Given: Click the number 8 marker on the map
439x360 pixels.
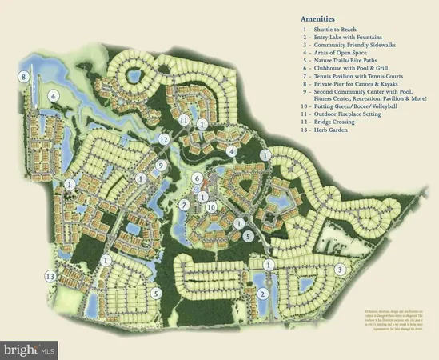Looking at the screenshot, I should click(x=24, y=77).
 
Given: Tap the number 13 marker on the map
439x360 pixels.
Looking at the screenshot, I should click(x=50, y=275).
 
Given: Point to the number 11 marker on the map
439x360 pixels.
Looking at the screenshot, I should click(x=184, y=120).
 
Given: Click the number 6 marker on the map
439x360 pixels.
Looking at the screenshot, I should click(x=197, y=178).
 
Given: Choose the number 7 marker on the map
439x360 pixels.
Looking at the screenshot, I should click(x=184, y=205).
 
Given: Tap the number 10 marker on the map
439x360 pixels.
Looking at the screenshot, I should click(x=211, y=207).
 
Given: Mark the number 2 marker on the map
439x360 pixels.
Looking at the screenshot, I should click(x=261, y=294).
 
